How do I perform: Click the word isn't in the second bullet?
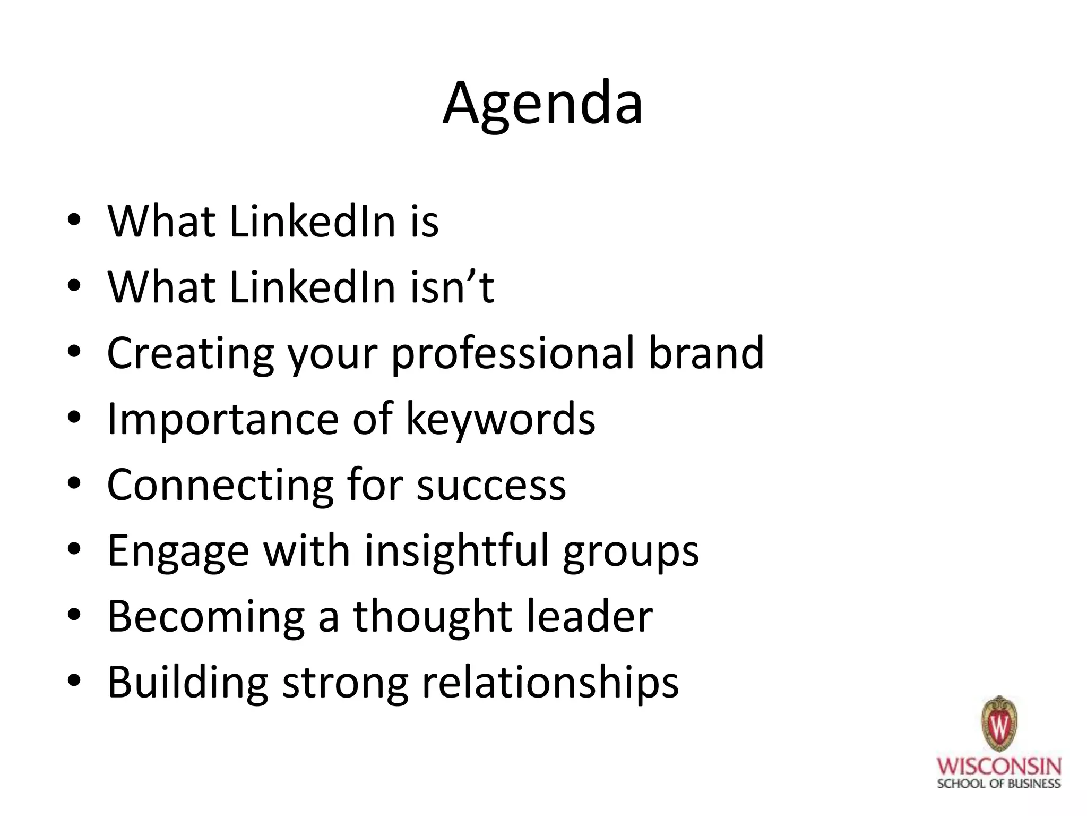(452, 287)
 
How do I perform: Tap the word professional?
(513, 354)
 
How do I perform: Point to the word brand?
(706, 353)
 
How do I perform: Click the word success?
(491, 486)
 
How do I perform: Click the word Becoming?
(206, 617)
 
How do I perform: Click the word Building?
(188, 683)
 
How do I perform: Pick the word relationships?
(550, 683)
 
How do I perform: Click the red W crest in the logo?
(998, 724)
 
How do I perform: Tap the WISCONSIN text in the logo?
(998, 767)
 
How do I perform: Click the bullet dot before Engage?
(74, 549)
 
